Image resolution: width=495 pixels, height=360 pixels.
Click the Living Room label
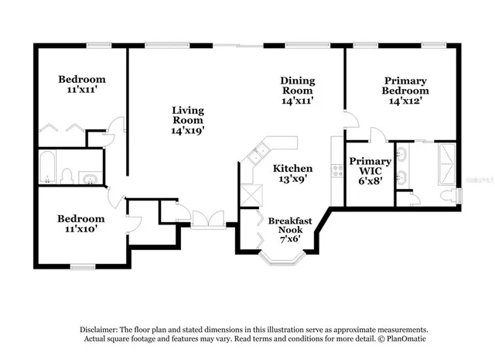click(187, 115)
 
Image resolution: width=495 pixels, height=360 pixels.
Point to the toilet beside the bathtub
click(67, 177)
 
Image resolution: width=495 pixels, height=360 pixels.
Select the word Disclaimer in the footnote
click(100, 329)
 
